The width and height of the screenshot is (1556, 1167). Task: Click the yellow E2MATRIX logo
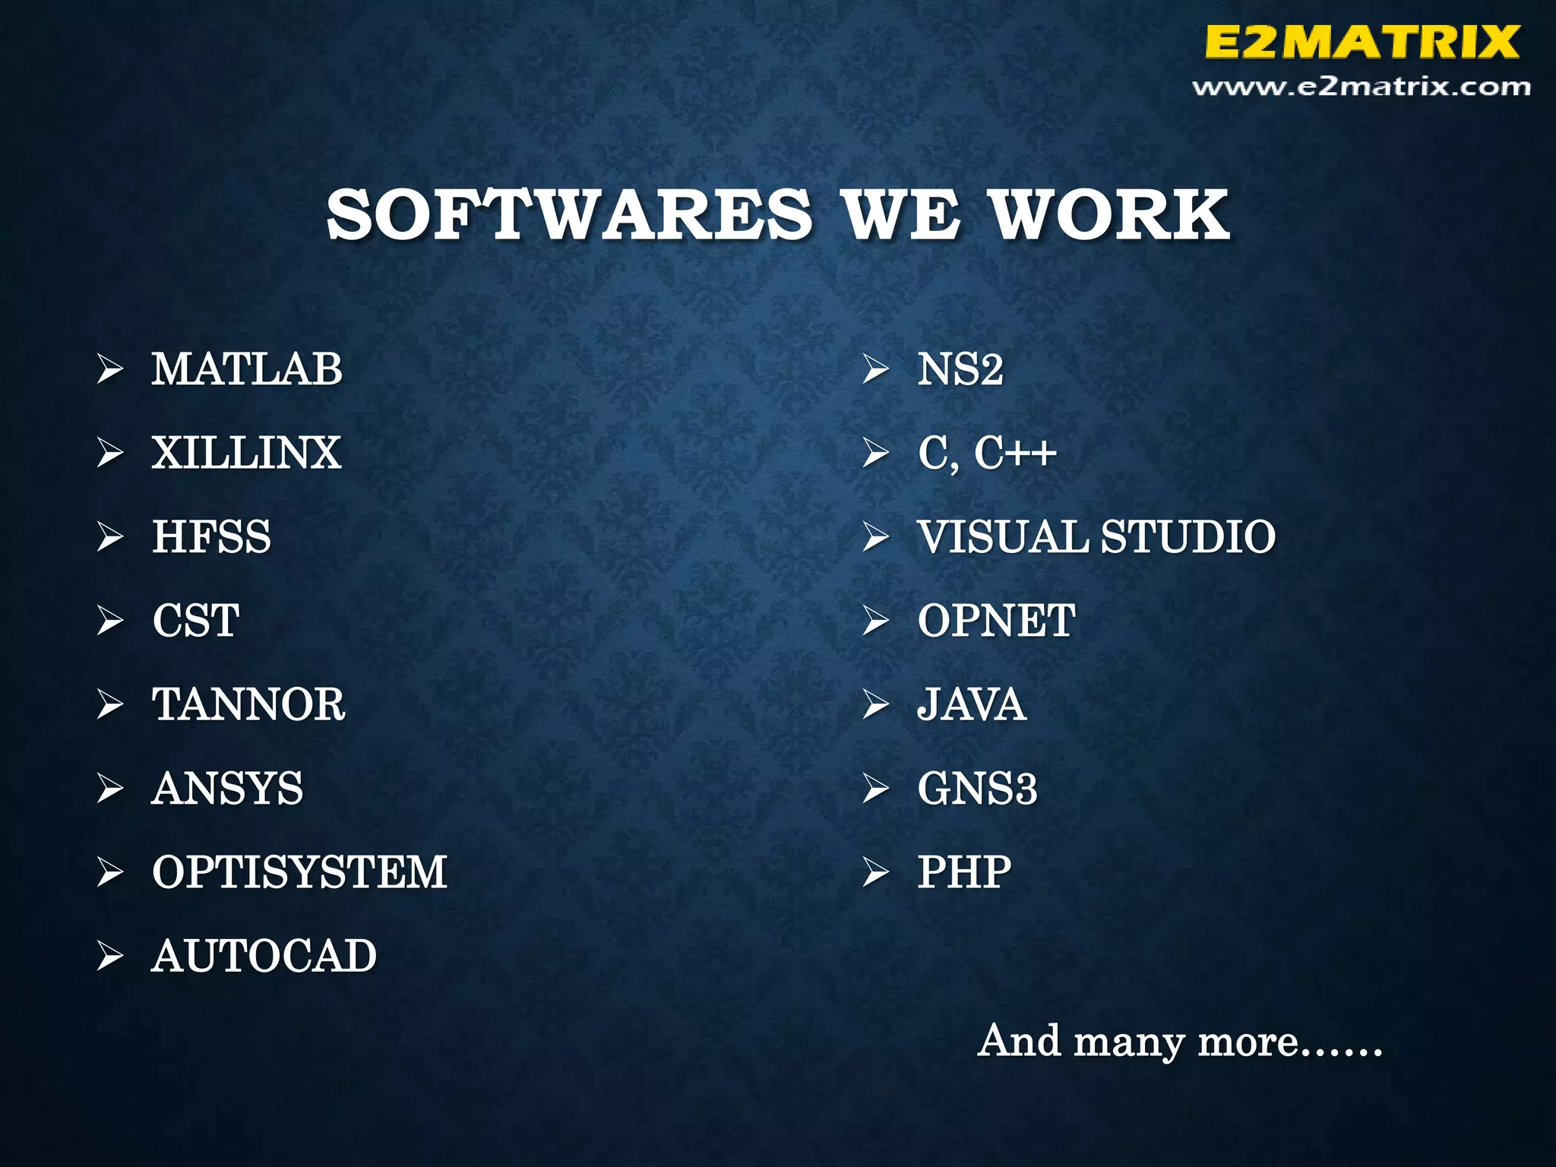(1361, 42)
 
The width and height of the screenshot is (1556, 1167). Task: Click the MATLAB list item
(247, 369)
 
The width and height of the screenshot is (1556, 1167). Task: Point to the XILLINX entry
(246, 453)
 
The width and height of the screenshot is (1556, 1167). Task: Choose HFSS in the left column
(211, 536)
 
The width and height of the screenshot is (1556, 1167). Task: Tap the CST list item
(196, 620)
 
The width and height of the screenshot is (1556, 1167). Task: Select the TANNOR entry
(248, 704)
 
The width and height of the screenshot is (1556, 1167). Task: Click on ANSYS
(227, 788)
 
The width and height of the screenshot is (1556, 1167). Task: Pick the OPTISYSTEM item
(299, 871)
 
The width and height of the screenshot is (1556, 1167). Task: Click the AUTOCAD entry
(264, 956)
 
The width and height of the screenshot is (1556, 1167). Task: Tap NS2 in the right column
(960, 369)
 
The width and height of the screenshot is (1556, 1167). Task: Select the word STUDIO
(1188, 536)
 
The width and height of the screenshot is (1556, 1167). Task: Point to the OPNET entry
(996, 620)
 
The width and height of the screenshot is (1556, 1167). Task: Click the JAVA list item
(972, 704)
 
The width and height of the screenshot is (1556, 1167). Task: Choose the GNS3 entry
(977, 788)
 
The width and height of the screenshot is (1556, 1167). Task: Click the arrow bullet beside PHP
(875, 872)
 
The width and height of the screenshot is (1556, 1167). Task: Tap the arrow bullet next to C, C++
(875, 454)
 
